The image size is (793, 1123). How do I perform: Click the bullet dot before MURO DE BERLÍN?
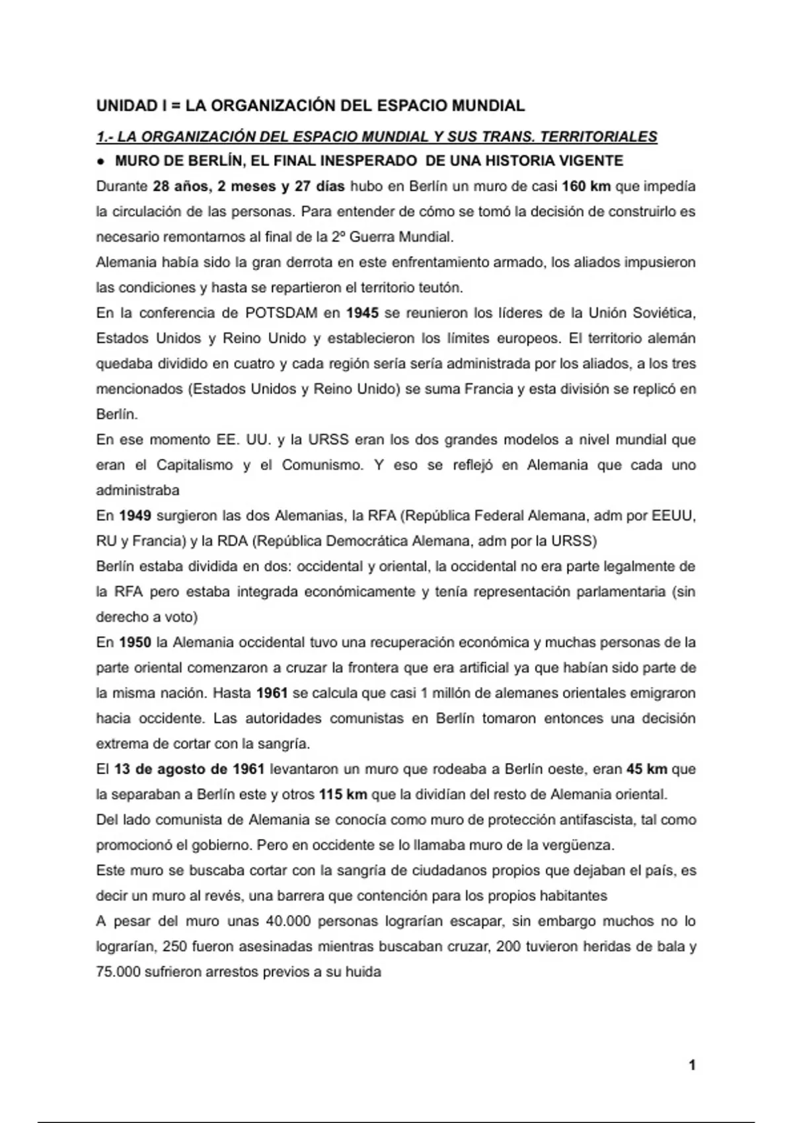tap(101, 161)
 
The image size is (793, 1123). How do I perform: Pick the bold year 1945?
tap(362, 312)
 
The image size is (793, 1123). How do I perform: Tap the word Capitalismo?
tap(194, 465)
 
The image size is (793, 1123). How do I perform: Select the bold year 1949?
tap(135, 515)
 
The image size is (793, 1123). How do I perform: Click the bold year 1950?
tap(135, 642)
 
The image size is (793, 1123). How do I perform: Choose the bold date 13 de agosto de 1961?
tap(189, 769)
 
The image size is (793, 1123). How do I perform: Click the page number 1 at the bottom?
tap(692, 1065)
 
